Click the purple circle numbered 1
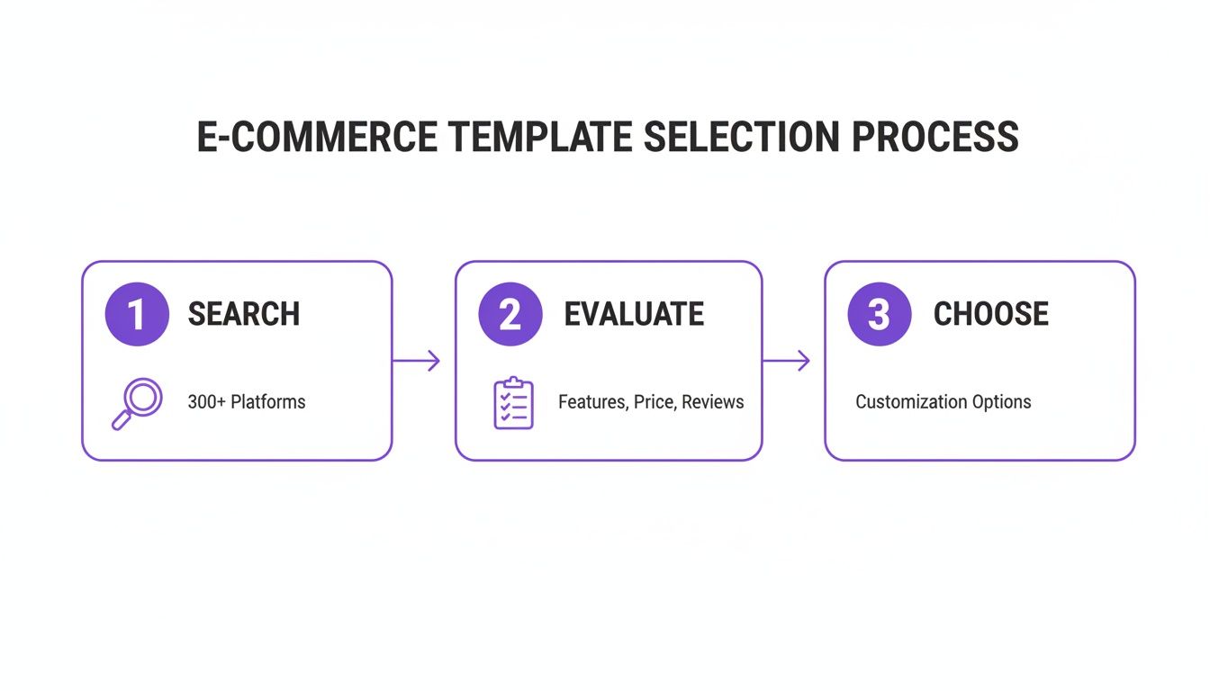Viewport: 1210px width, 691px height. pyautogui.click(x=137, y=314)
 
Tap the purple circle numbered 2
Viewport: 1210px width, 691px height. pyautogui.click(x=510, y=314)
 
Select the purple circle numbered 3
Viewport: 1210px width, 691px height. pyautogui.click(x=880, y=314)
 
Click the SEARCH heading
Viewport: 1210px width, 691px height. pyautogui.click(x=244, y=314)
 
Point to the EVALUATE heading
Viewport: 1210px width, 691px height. pyautogui.click(x=634, y=314)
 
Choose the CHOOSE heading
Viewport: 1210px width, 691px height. pyautogui.click(x=990, y=314)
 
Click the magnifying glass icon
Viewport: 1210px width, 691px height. pyautogui.click(x=137, y=403)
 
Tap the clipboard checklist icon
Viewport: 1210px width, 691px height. pyautogui.click(x=513, y=403)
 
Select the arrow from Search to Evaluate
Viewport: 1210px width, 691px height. pyautogui.click(x=417, y=361)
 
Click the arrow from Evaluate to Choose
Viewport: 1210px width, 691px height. pyautogui.click(x=786, y=361)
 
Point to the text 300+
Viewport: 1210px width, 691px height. pyautogui.click(x=206, y=401)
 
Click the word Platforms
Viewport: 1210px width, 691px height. pyautogui.click(x=268, y=401)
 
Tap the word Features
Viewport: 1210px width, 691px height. pyautogui.click(x=591, y=401)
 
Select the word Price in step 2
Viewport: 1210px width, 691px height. pyautogui.click(x=654, y=401)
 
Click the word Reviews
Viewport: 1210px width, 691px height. pyautogui.click(x=713, y=401)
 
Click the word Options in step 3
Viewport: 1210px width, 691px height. pyautogui.click(x=1001, y=401)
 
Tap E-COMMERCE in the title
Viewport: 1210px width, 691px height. pyautogui.click(x=317, y=138)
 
